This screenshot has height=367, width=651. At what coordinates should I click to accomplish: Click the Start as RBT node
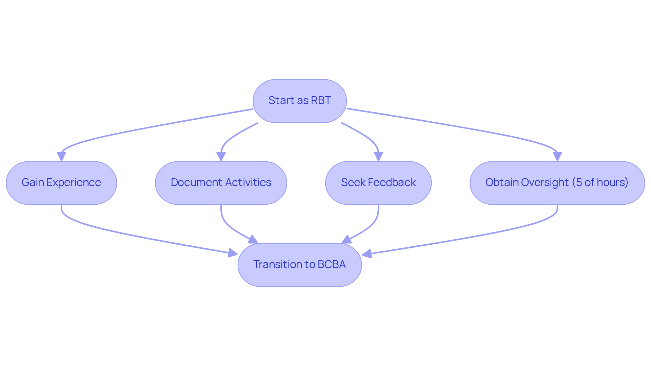[299, 101]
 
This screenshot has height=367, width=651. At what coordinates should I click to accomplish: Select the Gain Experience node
[61, 183]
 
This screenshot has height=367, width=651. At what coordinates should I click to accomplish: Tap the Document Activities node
[221, 183]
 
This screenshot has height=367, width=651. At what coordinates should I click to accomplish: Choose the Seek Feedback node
[378, 183]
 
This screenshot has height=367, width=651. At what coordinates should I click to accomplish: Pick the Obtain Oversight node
[557, 183]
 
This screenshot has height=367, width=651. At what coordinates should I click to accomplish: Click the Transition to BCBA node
[300, 265]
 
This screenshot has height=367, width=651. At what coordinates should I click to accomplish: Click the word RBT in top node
[321, 101]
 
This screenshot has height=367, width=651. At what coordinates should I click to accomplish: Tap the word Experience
[74, 183]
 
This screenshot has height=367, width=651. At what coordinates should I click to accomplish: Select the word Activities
[248, 183]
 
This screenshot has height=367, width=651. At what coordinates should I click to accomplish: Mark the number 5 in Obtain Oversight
[579, 182]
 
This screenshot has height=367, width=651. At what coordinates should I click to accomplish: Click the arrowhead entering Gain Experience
[61, 157]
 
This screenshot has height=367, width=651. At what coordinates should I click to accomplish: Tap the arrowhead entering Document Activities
[221, 157]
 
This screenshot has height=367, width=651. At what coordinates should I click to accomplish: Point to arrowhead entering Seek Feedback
[378, 157]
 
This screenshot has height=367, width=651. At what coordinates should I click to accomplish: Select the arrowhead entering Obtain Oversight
[557, 157]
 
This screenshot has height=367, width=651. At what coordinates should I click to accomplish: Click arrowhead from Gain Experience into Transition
[233, 253]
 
